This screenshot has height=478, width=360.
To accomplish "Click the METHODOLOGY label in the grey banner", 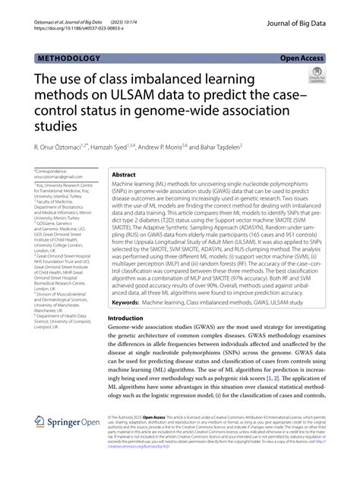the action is pos(68,58).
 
